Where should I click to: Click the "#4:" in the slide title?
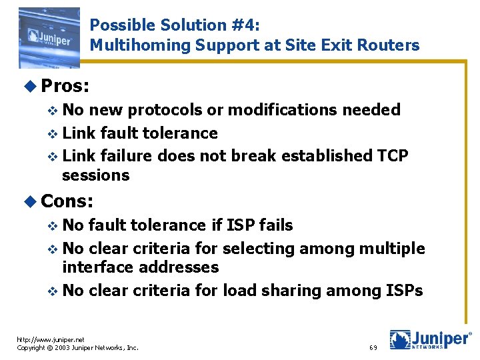point(246,25)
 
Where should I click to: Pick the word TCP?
point(393,155)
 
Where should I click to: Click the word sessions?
point(95,175)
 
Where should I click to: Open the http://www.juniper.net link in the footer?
point(51,339)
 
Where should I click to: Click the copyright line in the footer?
point(77,347)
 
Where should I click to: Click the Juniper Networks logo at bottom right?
point(430,339)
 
